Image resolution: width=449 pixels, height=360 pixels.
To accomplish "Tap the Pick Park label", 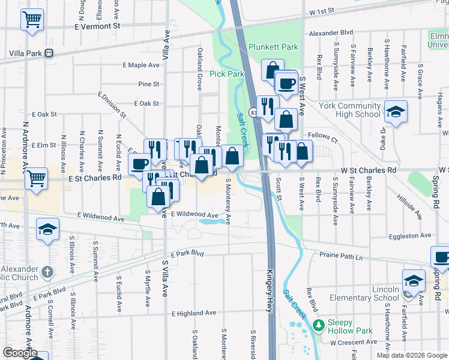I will tap(227, 74).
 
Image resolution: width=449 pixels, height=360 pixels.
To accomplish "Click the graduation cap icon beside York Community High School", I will tap(395, 112).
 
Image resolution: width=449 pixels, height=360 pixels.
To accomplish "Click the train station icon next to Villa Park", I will tap(49, 53).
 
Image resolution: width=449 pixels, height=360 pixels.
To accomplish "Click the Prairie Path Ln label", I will tap(342, 257).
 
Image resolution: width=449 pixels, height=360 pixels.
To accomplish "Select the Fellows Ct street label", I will tap(322, 136).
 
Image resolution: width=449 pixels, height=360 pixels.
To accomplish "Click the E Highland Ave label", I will tap(193, 313).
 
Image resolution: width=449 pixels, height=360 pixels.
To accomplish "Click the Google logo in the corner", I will tap(20, 353).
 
